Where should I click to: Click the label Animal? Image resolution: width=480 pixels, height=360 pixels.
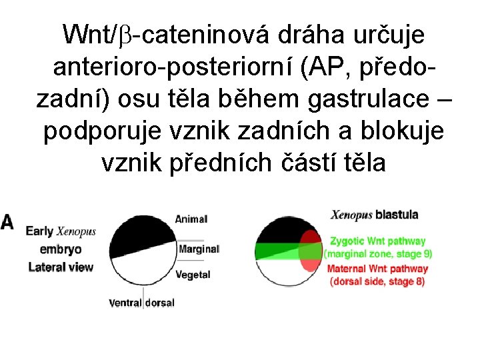tap(191, 219)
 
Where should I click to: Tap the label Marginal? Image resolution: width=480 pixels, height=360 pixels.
tap(199, 249)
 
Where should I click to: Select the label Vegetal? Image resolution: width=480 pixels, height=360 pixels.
tap(193, 273)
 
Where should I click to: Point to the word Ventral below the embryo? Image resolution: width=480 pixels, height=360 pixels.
tap(125, 303)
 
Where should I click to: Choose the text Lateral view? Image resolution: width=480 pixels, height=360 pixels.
tap(61, 267)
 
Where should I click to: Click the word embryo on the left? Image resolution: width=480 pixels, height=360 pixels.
tap(61, 249)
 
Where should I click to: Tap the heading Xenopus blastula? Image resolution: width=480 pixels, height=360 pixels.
tap(375, 215)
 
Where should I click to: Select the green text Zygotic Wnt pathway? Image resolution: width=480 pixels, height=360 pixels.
tap(377, 241)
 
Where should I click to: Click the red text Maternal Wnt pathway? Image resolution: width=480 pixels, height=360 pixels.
tap(377, 269)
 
